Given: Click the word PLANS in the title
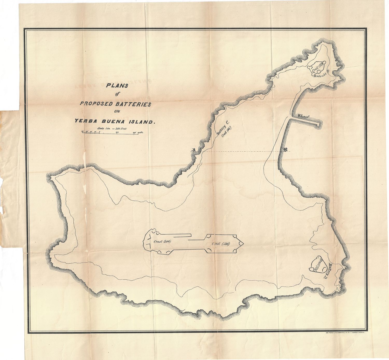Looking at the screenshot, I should click(117, 86).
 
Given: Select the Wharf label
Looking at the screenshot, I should click(303, 117).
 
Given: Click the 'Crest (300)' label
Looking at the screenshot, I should click(162, 242).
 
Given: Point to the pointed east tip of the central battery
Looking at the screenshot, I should click(243, 243).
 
